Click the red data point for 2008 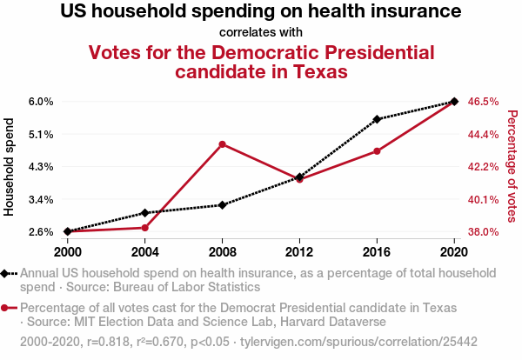(x=223, y=144)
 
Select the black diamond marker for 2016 (x=377, y=119)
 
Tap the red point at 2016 (x=377, y=151)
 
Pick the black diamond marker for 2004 (x=144, y=212)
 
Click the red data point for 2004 (x=144, y=228)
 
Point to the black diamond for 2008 (x=223, y=205)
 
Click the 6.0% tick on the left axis (x=41, y=102)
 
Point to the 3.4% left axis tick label (x=41, y=199)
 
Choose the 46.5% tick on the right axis (x=483, y=102)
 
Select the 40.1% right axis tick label (x=483, y=199)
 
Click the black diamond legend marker (x=7, y=273)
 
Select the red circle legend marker (x=7, y=309)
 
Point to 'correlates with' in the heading (x=261, y=32)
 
